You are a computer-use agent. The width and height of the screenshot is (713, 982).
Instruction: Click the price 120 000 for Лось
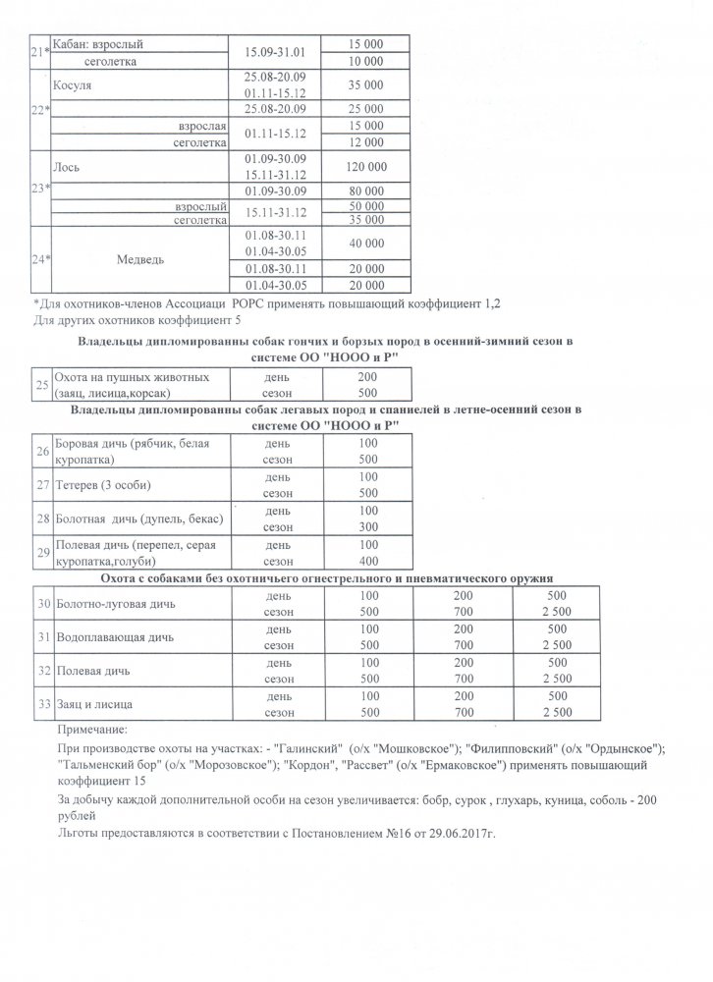365,168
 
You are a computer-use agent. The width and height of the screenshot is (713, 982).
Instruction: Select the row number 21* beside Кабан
41,53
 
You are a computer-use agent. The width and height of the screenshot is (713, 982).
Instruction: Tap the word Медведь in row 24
139,260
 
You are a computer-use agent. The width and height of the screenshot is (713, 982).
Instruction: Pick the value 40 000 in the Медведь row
365,243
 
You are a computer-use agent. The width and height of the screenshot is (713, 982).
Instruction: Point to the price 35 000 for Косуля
365,85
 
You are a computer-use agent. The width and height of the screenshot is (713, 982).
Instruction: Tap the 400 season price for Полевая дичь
368,562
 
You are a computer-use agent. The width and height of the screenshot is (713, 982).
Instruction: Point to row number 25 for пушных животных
42,384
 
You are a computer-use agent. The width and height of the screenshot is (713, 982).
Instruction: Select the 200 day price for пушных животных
368,376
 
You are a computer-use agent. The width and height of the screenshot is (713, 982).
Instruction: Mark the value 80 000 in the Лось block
365,191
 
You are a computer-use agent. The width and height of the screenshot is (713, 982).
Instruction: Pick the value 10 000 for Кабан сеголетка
365,61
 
